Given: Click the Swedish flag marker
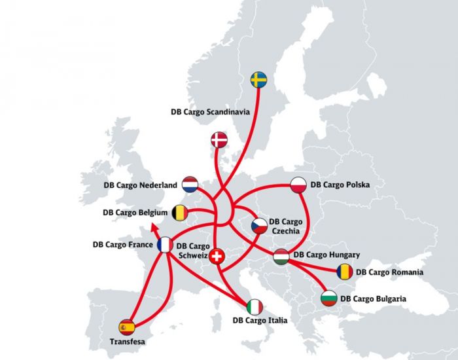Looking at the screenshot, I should pyautogui.click(x=259, y=80).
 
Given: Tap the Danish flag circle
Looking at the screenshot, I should pyautogui.click(x=219, y=139).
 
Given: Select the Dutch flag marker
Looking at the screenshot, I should pyautogui.click(x=190, y=184).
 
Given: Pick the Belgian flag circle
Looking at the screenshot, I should pyautogui.click(x=180, y=213).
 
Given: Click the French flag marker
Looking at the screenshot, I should pyautogui.click(x=166, y=245).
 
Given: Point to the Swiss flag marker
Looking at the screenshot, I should pyautogui.click(x=215, y=256).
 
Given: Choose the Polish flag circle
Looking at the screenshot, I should pyautogui.click(x=298, y=185).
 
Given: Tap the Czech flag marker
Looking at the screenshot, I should pyautogui.click(x=260, y=226).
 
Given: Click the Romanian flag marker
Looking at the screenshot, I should pyautogui.click(x=345, y=272).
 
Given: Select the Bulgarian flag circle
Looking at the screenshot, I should pyautogui.click(x=329, y=299).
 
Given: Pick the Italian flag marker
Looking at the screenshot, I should pyautogui.click(x=255, y=306).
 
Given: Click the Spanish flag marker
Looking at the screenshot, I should pyautogui.click(x=126, y=327).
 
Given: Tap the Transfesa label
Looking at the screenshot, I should pyautogui.click(x=128, y=342).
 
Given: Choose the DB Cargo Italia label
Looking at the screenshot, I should pyautogui.click(x=260, y=321).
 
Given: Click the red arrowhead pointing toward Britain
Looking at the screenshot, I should pyautogui.click(x=152, y=227).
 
